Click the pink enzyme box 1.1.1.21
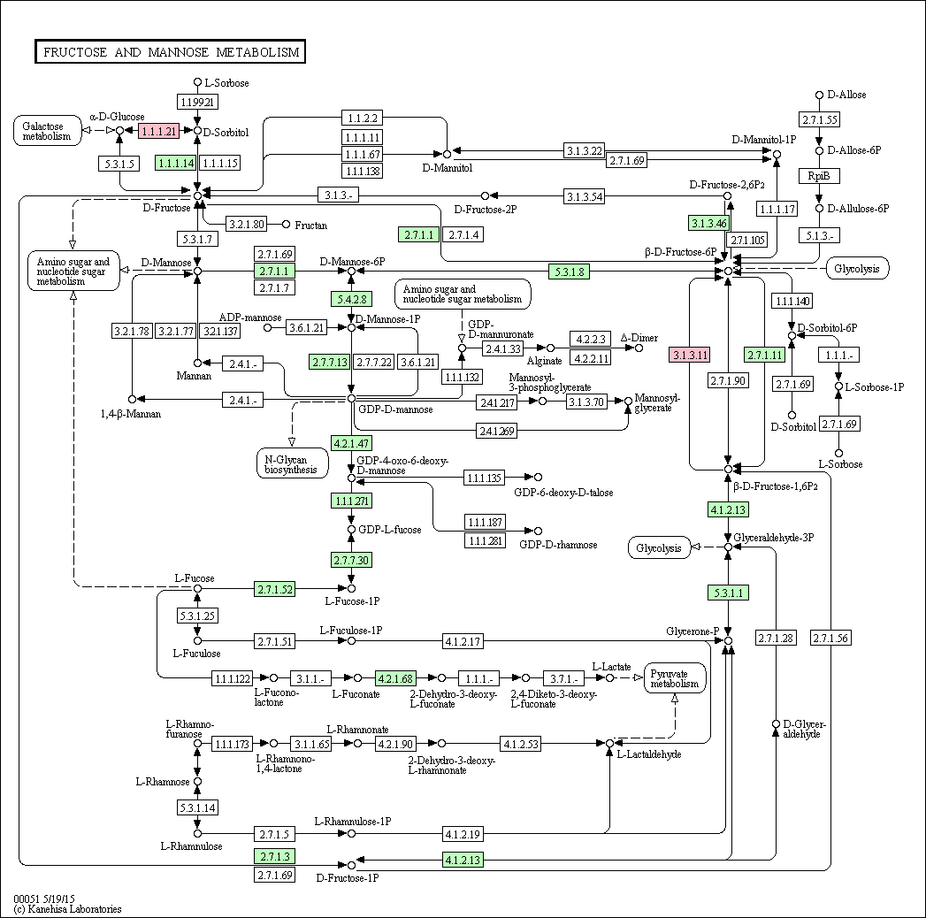(158, 131)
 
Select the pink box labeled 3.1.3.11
(689, 355)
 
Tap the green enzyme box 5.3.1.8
(570, 272)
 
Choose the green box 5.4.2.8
(351, 299)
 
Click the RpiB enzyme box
(819, 176)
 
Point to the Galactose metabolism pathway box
(47, 131)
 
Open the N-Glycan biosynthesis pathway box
(292, 464)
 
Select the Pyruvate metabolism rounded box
(675, 679)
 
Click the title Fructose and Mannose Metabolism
(171, 52)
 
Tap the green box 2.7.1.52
(274, 589)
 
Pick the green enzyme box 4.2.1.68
(395, 679)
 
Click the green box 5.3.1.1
(728, 593)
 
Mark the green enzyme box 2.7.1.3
(274, 857)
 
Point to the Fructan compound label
(310, 225)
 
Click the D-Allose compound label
(846, 95)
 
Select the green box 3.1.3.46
(708, 223)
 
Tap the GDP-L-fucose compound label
(390, 530)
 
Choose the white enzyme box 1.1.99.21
(198, 102)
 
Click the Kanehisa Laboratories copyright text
(67, 909)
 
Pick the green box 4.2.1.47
(351, 443)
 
